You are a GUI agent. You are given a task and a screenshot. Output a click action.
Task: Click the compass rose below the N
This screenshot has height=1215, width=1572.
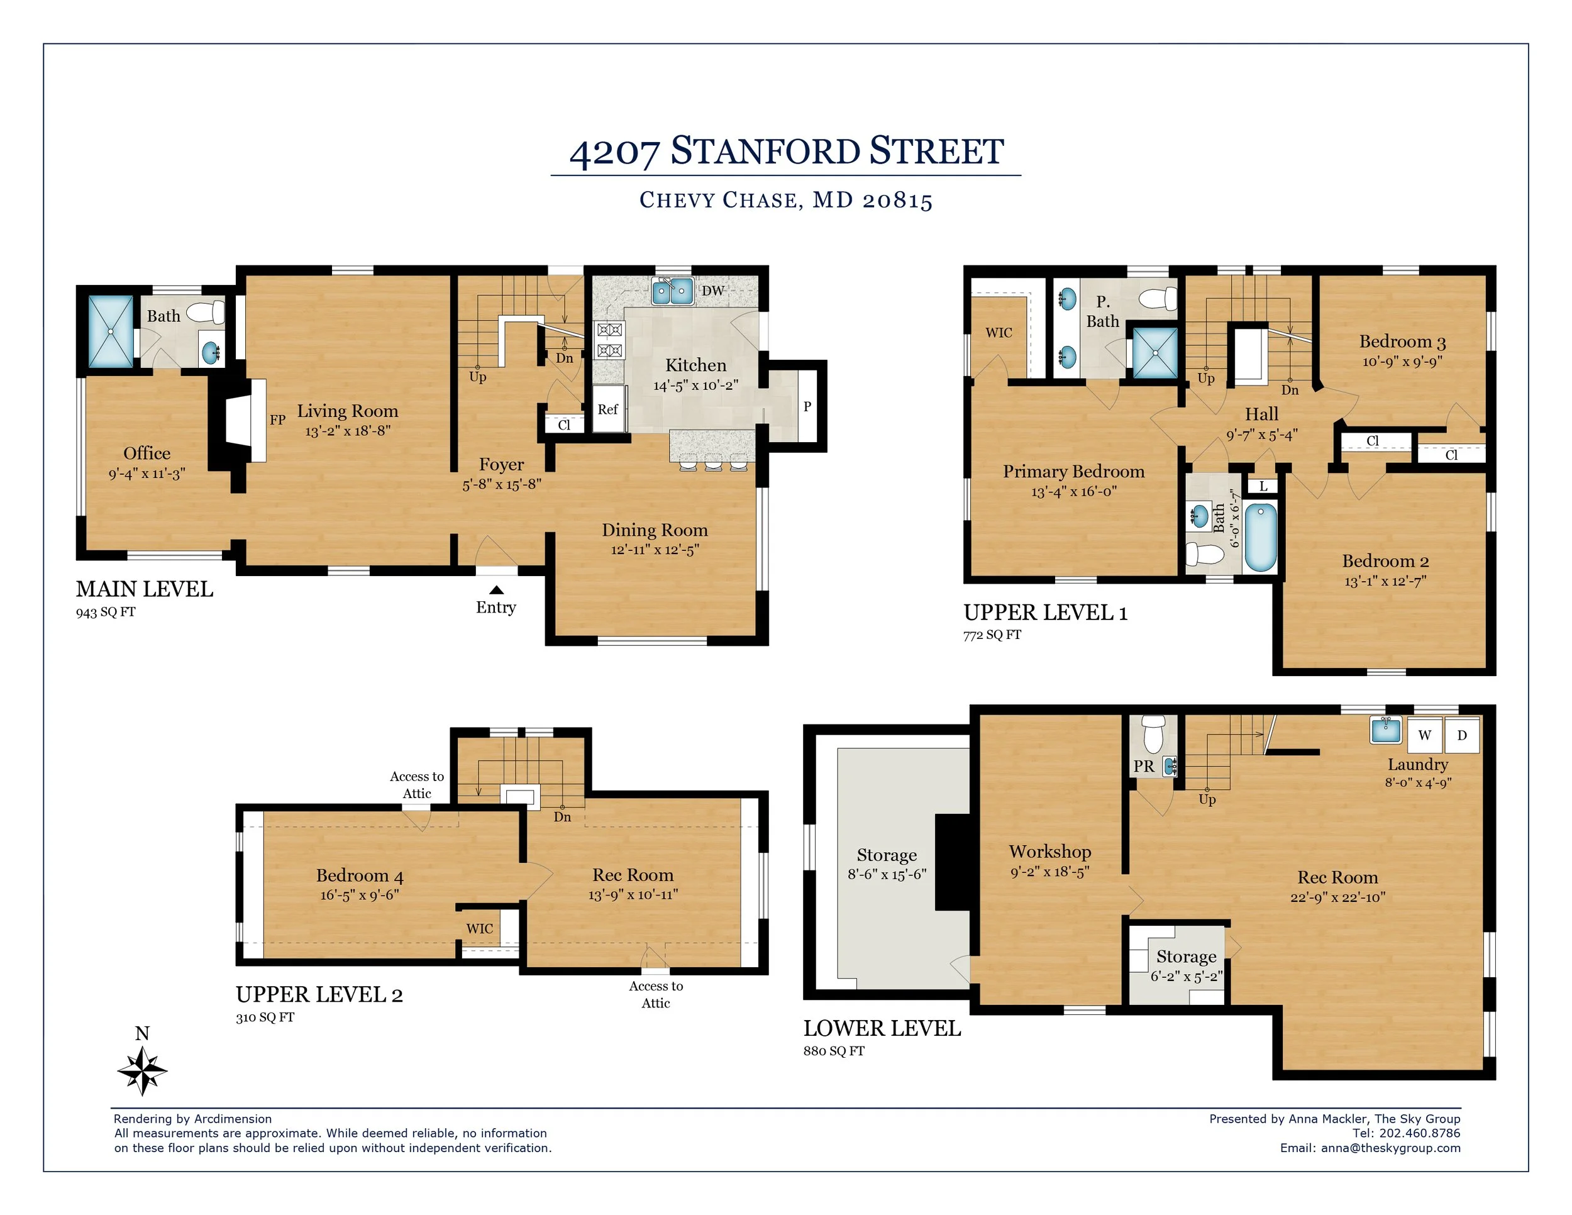[143, 1071]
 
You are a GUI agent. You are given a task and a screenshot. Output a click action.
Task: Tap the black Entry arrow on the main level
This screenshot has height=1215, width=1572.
[496, 591]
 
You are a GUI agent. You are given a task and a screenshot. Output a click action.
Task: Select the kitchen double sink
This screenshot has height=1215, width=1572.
[672, 292]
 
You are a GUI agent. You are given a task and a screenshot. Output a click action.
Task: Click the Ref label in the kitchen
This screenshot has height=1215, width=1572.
[607, 409]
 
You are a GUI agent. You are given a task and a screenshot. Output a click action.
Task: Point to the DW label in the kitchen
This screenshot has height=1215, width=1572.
[712, 291]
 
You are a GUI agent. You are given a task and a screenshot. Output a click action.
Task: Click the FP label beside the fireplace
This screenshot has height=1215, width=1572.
[278, 419]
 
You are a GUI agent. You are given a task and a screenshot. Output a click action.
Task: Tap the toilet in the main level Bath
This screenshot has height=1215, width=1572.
[206, 313]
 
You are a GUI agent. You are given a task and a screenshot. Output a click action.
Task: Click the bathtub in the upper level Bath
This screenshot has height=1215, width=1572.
[1260, 537]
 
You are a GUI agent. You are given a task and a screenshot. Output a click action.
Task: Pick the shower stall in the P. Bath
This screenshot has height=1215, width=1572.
[1155, 353]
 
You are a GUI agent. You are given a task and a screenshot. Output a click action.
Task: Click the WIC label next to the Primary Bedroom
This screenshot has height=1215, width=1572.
[999, 333]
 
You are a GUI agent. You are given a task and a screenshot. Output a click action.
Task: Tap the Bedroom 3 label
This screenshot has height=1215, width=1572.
[1402, 341]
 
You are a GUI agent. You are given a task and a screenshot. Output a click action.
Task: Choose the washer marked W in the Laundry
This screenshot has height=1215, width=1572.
[1424, 735]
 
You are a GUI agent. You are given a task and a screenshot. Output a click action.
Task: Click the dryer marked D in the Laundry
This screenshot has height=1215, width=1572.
[1462, 735]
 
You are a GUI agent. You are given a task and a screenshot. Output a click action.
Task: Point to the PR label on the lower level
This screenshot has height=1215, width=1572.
[1144, 767]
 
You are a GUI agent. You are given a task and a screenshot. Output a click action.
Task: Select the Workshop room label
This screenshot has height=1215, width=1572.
[1050, 852]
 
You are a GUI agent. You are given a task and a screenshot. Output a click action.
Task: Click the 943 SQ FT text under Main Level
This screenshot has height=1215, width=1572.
[106, 613]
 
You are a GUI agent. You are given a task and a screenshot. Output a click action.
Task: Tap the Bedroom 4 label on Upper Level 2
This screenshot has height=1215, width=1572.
[359, 875]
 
